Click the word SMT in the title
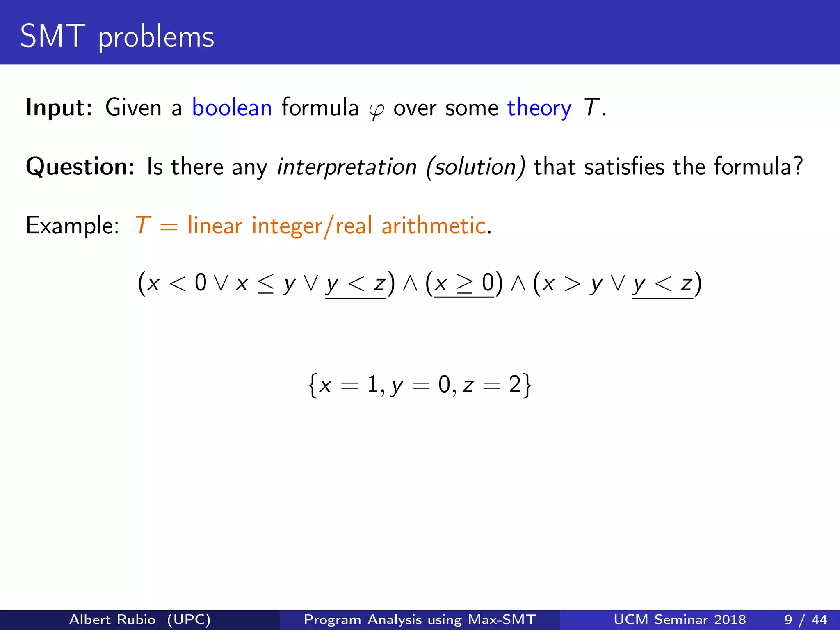pyautogui.click(x=52, y=37)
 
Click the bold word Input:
pyautogui.click(x=59, y=107)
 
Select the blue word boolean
pyautogui.click(x=232, y=107)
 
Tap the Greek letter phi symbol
pyautogui.click(x=376, y=110)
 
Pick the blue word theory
pyautogui.click(x=539, y=108)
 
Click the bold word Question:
pyautogui.click(x=80, y=167)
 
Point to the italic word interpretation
pyautogui.click(x=347, y=167)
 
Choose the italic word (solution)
pyautogui.click(x=476, y=167)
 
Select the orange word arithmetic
pyautogui.click(x=434, y=226)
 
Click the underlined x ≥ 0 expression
pyautogui.click(x=464, y=283)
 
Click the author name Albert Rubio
pyautogui.click(x=112, y=619)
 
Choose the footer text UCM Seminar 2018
pyautogui.click(x=680, y=619)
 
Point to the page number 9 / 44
pyautogui.click(x=806, y=619)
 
